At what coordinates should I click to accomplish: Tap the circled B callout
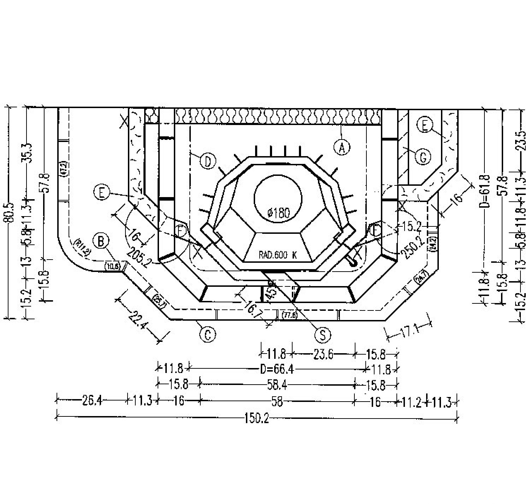click(x=101, y=242)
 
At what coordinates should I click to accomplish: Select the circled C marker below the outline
click(x=207, y=334)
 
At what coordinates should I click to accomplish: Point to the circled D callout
click(x=208, y=161)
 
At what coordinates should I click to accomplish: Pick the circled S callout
click(x=323, y=334)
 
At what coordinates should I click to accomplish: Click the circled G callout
click(x=423, y=157)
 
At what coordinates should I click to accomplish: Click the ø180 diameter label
click(x=279, y=213)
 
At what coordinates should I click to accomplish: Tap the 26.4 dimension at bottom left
click(x=92, y=401)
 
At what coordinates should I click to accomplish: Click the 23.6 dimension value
click(x=323, y=354)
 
